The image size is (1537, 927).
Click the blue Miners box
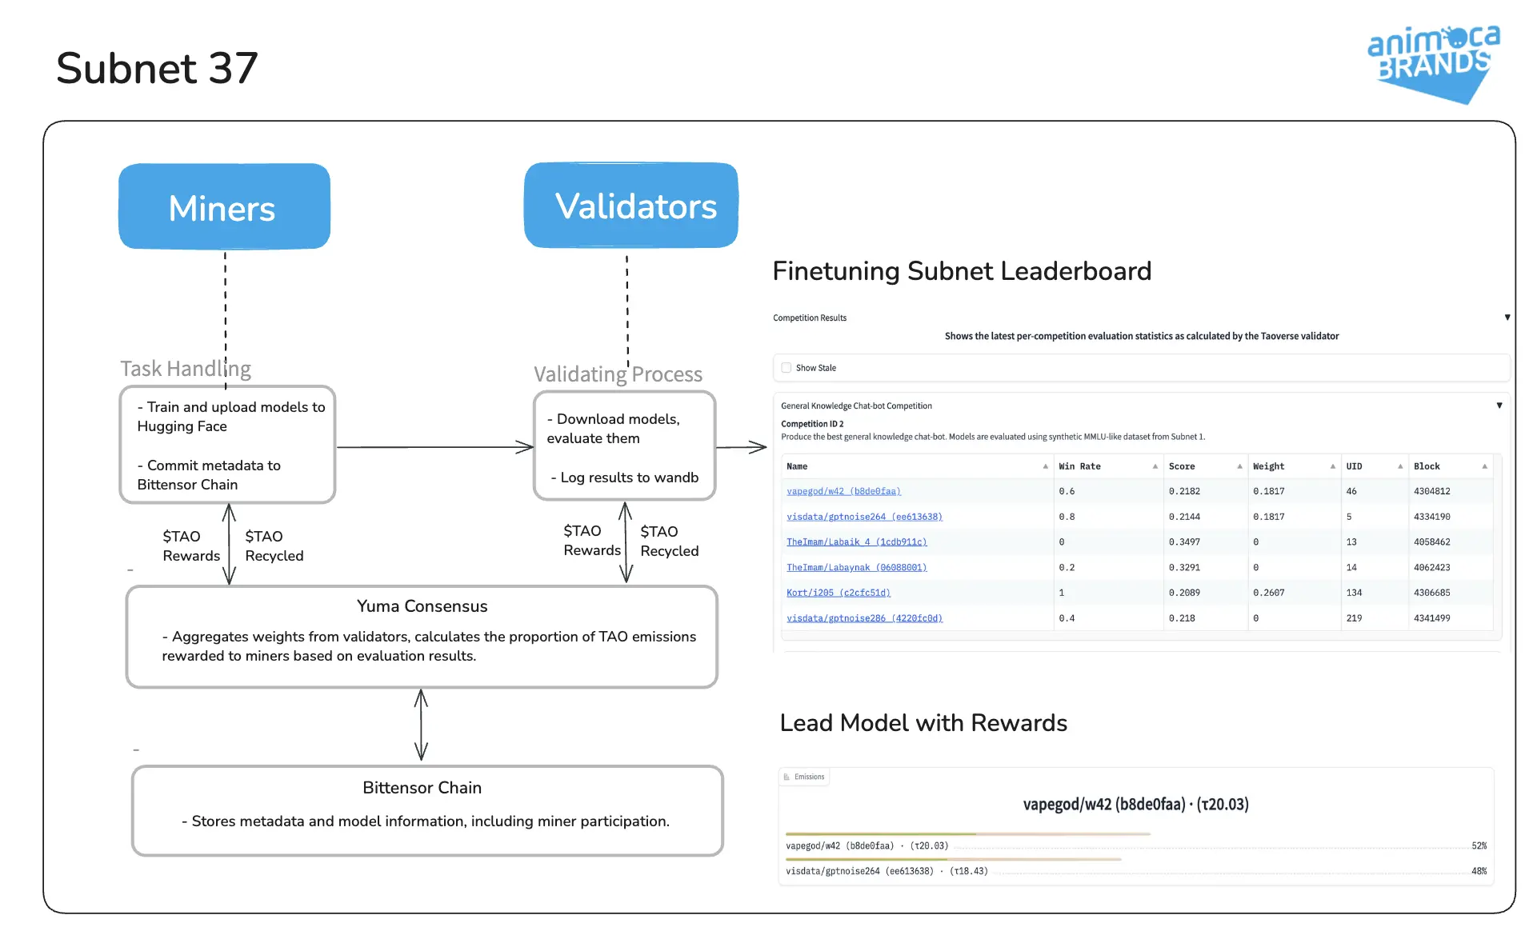[x=224, y=206]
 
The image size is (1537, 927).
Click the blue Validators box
[x=630, y=206]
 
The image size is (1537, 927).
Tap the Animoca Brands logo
[x=1434, y=64]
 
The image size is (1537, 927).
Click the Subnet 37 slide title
[x=157, y=68]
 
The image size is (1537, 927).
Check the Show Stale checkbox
[x=787, y=368]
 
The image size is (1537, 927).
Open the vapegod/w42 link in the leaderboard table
[x=843, y=491]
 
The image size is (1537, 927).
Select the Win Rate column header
[x=1079, y=466]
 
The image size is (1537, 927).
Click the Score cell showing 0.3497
[x=1184, y=542]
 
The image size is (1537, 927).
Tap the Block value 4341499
[x=1431, y=618]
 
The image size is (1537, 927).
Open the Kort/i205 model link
[x=838, y=593]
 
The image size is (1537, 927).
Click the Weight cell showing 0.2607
[x=1268, y=593]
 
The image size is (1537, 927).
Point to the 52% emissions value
[x=1479, y=845]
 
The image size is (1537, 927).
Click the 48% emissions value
[x=1479, y=871]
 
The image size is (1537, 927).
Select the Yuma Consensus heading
[x=422, y=606]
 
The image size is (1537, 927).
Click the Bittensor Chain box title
[x=422, y=788]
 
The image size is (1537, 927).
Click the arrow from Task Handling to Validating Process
[x=435, y=447]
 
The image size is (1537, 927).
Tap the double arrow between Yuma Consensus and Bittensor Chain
[x=421, y=725]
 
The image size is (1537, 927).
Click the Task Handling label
[x=186, y=369]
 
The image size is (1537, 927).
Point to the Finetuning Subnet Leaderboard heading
[x=962, y=271]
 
